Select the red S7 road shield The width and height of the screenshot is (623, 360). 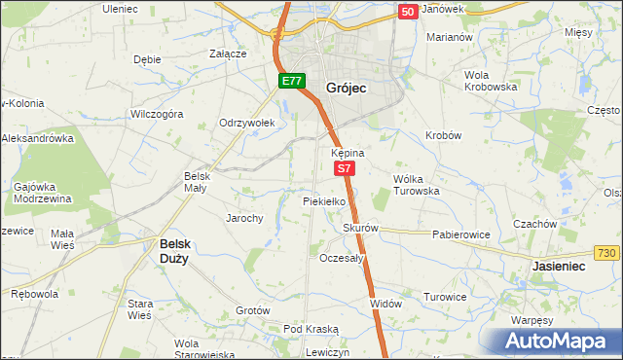[x=345, y=169]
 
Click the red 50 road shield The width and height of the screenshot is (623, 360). [x=408, y=12]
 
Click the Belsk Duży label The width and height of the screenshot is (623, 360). [x=181, y=259]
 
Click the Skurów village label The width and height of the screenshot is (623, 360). [x=359, y=229]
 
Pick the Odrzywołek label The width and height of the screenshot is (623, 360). [x=249, y=123]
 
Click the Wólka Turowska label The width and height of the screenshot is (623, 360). [x=417, y=185]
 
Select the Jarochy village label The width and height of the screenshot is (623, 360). [x=244, y=218]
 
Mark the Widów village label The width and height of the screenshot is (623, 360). [x=385, y=304]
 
